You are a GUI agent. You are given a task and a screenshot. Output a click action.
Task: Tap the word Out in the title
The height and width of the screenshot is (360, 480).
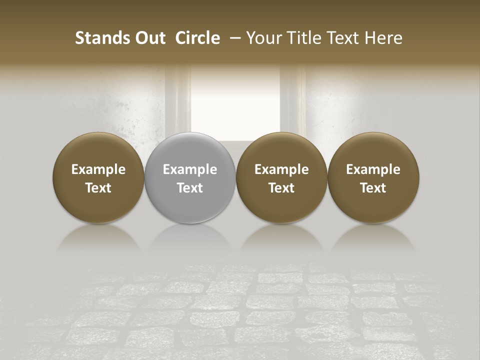tap(149, 38)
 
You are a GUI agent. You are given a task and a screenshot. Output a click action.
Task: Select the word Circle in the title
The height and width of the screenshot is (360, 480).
tap(197, 38)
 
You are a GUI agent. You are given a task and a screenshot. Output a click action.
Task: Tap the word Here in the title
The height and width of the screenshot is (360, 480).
tap(383, 38)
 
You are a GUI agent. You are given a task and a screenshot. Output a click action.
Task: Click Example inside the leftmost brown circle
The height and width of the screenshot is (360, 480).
tap(98, 169)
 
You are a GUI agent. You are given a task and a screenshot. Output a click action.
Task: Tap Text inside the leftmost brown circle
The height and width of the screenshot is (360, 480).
tap(98, 188)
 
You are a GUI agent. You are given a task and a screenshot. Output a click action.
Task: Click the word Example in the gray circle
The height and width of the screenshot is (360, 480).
tap(190, 169)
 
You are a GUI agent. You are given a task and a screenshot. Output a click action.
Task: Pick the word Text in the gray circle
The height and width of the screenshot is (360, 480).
tap(190, 188)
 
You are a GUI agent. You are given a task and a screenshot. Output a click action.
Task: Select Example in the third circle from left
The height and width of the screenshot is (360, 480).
tap(281, 169)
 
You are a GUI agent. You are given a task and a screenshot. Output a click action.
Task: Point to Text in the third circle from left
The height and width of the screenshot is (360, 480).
tap(281, 188)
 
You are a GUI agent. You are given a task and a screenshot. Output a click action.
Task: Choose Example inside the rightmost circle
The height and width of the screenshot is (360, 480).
tap(373, 169)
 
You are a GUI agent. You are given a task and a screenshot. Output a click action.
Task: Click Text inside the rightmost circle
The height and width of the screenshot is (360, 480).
tap(373, 188)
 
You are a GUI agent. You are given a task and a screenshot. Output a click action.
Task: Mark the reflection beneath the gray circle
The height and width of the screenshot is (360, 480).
tap(190, 238)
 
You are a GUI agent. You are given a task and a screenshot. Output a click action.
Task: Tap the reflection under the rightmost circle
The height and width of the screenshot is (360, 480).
tap(373, 238)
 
